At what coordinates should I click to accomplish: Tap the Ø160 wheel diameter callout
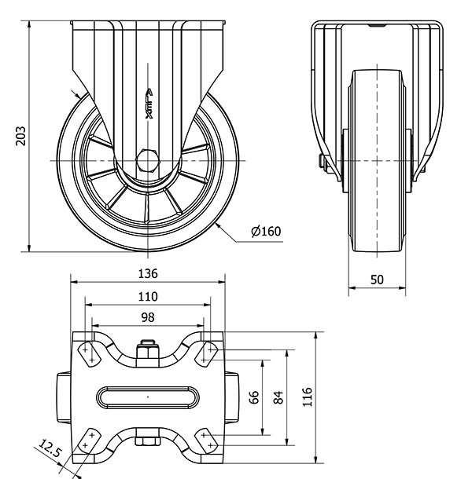[266, 231]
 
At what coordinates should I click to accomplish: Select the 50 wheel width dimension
[377, 280]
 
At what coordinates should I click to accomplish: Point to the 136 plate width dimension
[148, 273]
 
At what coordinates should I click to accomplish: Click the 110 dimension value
[148, 296]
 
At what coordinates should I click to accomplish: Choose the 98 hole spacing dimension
[148, 316]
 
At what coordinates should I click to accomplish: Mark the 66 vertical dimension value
[254, 396]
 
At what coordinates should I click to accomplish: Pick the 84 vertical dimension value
[278, 396]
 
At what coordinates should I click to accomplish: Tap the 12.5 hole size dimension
[49, 450]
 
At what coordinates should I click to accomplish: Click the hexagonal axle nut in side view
[148, 159]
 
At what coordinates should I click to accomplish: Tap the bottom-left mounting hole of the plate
[90, 439]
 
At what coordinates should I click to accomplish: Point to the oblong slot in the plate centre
[148, 396]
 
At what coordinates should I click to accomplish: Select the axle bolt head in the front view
[323, 163]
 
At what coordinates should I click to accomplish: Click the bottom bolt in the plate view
[148, 440]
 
